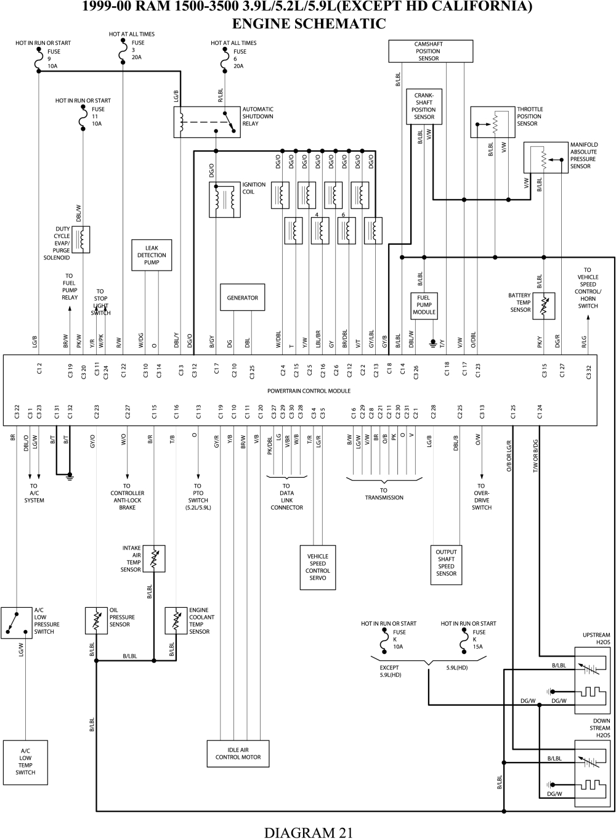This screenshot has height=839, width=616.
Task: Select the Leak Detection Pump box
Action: [152, 255]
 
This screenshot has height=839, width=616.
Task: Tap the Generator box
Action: [243, 298]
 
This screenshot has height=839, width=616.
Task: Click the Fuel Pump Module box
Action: [424, 305]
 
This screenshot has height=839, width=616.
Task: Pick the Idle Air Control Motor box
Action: [238, 754]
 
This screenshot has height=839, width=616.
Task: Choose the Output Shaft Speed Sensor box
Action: [446, 563]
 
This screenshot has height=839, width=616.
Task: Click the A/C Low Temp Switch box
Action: [25, 762]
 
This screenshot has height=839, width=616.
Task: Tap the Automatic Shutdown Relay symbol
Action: [207, 122]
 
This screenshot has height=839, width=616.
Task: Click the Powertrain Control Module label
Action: [309, 391]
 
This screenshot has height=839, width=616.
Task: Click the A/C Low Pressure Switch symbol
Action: [16, 622]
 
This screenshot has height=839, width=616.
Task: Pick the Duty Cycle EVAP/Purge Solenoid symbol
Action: [81, 240]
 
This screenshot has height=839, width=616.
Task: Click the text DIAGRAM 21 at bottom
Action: [309, 832]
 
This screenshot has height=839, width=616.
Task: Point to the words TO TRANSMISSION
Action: [384, 494]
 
